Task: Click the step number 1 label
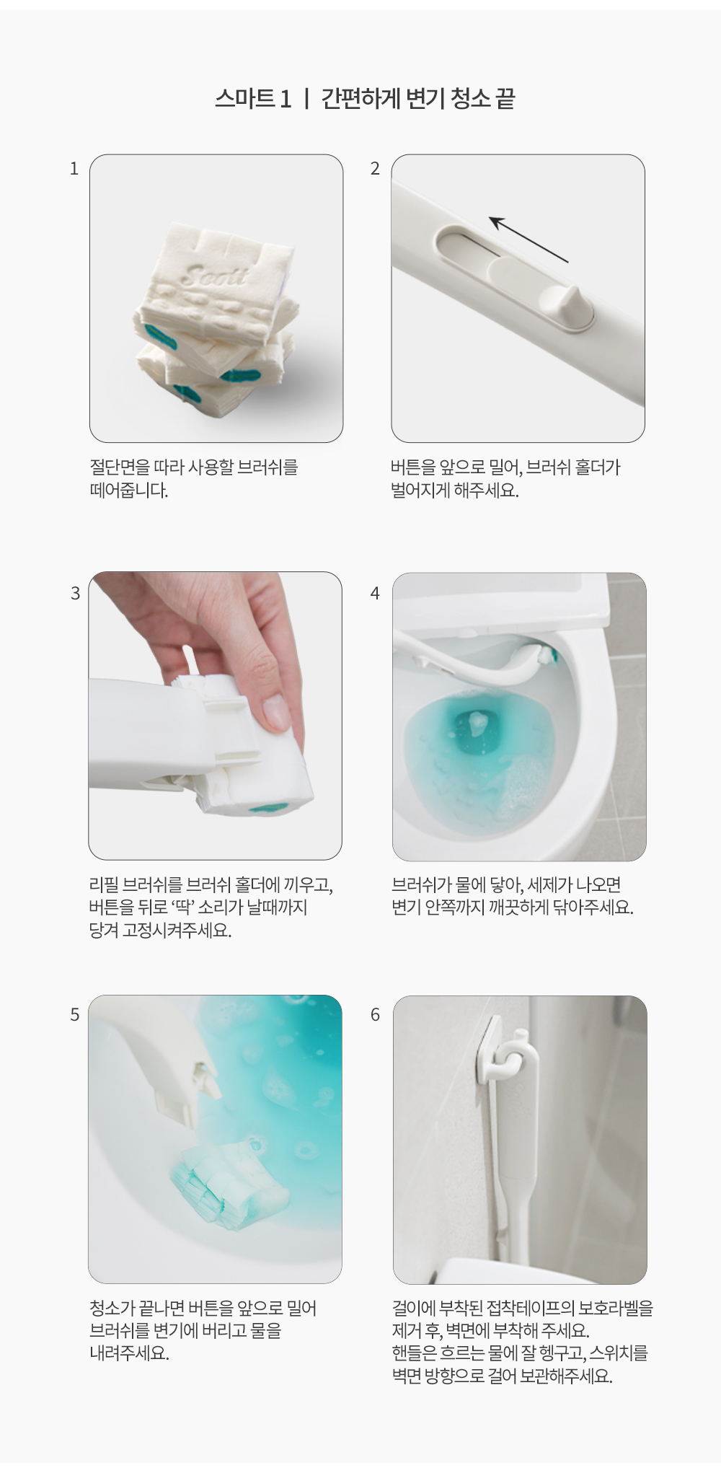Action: click(74, 169)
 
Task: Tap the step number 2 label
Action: click(375, 169)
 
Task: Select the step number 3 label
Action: click(75, 593)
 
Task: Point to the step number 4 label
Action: click(375, 593)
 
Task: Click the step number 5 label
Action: click(75, 1015)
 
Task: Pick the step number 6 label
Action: click(375, 1015)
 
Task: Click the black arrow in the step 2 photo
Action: click(528, 239)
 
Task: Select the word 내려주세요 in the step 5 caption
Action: click(129, 1353)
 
